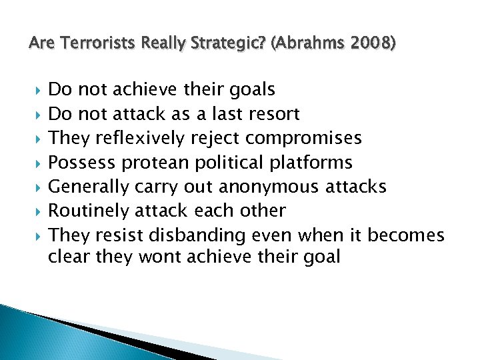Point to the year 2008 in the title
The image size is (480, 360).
[x=365, y=44]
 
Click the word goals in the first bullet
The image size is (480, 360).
[x=251, y=89]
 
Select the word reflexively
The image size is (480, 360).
[x=141, y=138]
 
